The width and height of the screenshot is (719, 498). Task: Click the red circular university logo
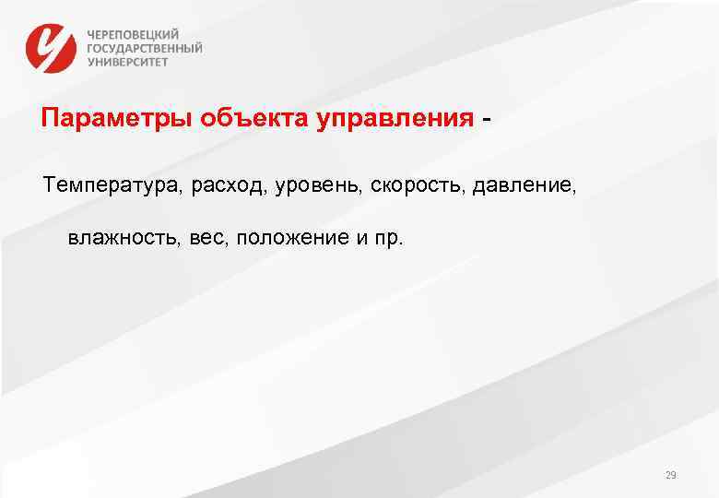tap(51, 47)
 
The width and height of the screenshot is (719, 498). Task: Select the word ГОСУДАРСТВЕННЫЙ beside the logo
tap(145, 48)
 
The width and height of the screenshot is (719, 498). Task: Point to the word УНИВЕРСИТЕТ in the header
tap(128, 62)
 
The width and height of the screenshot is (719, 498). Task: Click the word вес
tap(207, 239)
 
